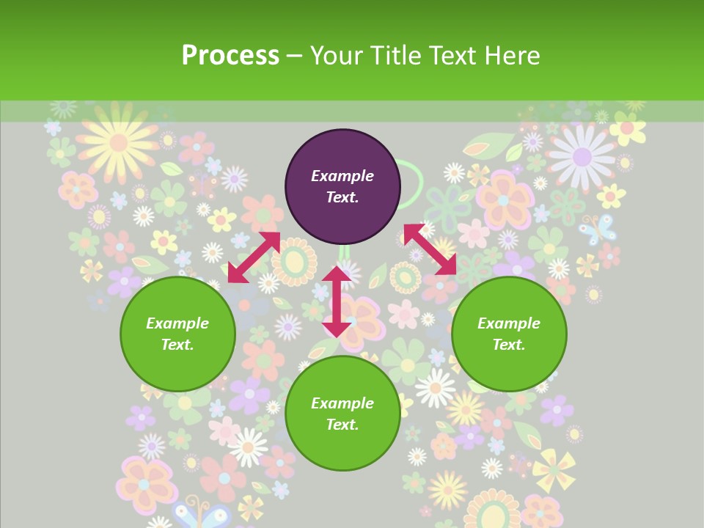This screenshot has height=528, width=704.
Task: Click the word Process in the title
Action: tap(230, 56)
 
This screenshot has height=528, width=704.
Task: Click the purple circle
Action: tap(342, 187)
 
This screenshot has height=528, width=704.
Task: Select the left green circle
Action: tap(177, 334)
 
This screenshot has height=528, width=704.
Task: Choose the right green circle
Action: tap(509, 334)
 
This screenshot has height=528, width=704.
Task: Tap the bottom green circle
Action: tap(342, 414)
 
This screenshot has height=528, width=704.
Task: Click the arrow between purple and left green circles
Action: tap(254, 257)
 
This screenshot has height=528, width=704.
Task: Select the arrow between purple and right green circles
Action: tap(430, 249)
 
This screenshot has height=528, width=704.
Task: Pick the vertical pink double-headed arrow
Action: tap(337, 301)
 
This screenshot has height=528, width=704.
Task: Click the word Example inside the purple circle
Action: tap(342, 176)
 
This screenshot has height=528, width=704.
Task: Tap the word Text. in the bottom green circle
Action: tap(342, 425)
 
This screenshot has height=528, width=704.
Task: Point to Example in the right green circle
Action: tap(509, 323)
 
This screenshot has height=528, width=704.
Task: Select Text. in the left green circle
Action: tap(177, 345)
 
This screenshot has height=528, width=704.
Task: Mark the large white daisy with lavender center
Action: tap(582, 156)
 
